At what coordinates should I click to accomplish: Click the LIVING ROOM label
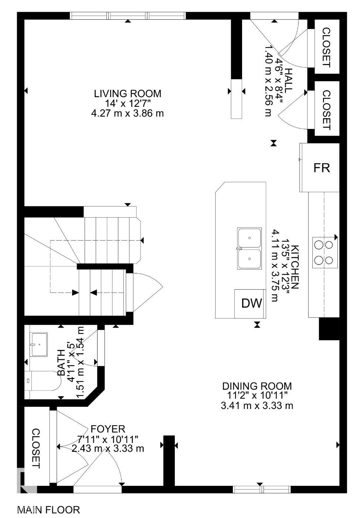click(127, 93)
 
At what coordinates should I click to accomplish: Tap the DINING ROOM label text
click(257, 386)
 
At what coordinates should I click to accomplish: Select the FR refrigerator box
click(321, 168)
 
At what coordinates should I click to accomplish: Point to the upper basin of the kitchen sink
click(249, 238)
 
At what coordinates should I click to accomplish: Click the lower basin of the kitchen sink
click(249, 259)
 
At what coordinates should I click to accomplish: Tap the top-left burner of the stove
click(318, 244)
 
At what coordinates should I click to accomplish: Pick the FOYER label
click(108, 429)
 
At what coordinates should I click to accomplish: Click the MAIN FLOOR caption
click(48, 510)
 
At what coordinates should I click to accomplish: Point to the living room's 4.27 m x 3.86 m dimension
click(127, 113)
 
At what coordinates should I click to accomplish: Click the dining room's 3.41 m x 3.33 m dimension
click(257, 406)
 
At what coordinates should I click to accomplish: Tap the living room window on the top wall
click(128, 16)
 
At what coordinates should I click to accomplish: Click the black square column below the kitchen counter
click(329, 329)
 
